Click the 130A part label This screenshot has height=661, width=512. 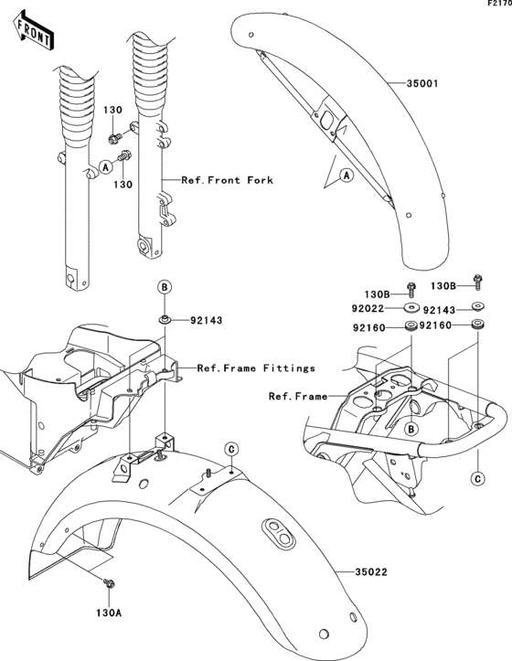[110, 613]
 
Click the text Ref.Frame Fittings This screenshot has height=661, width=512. [257, 368]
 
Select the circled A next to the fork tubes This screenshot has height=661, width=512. [105, 167]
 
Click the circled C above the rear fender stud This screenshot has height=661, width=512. [232, 449]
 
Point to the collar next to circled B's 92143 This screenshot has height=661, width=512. [165, 319]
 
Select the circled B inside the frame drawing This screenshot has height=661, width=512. [411, 428]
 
